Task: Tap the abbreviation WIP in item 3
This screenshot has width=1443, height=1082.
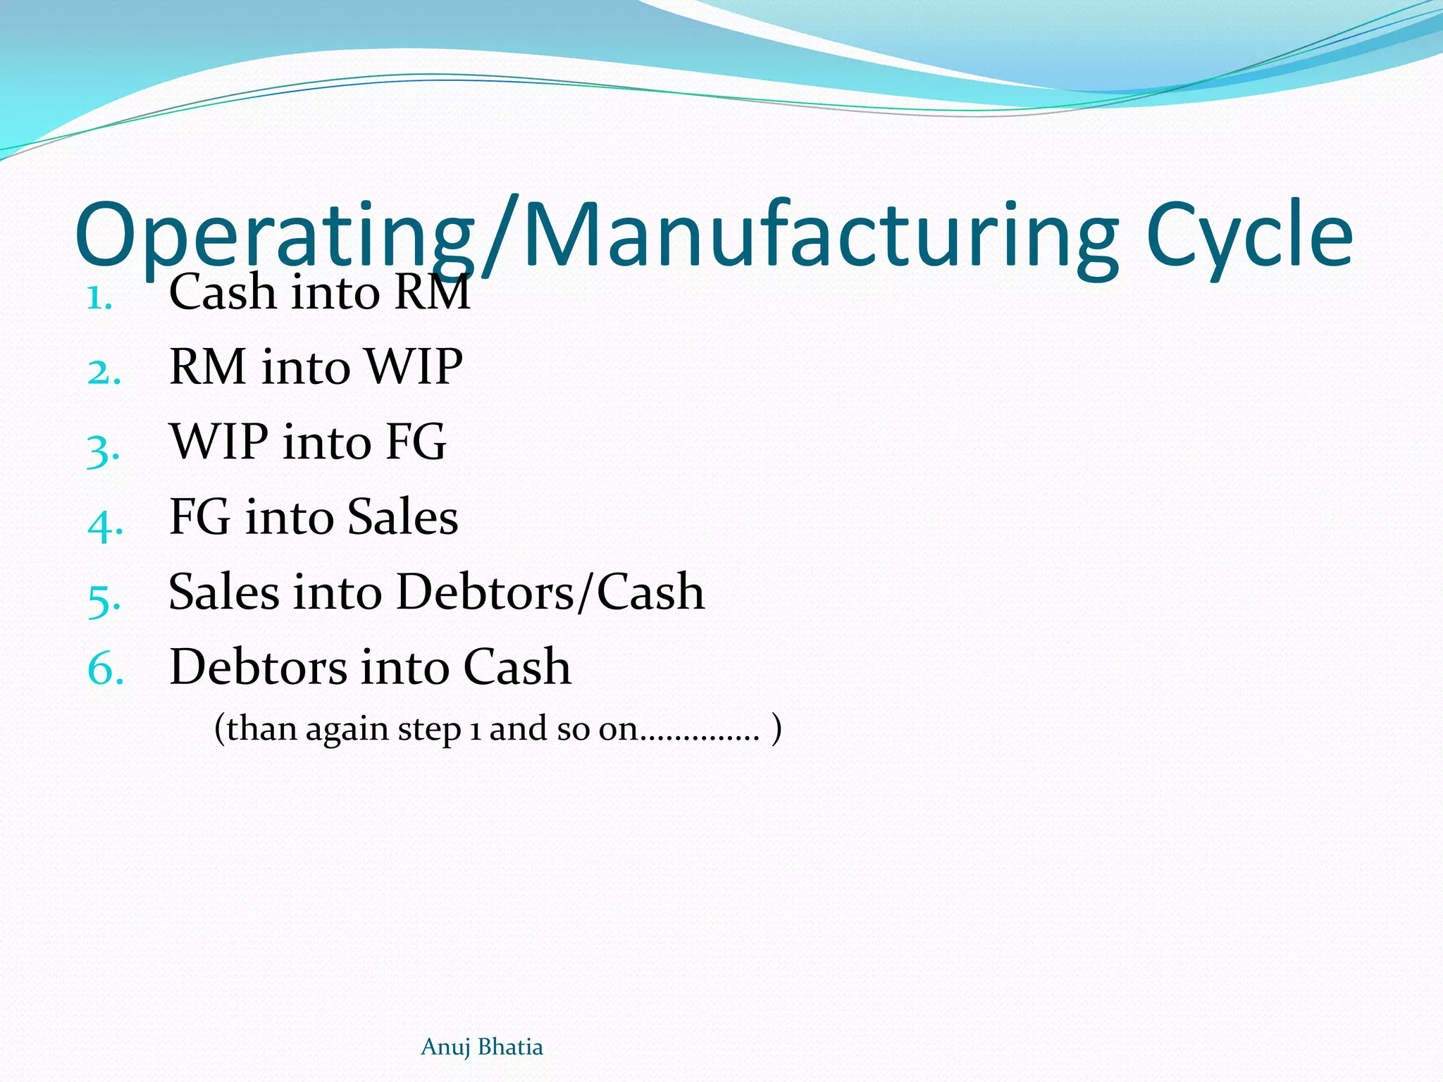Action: [219, 442]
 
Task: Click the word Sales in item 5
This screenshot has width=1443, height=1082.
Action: [224, 592]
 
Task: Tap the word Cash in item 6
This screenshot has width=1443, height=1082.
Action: [517, 666]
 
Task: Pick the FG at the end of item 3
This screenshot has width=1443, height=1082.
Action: [416, 442]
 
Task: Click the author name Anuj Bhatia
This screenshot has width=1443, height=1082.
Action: [482, 1047]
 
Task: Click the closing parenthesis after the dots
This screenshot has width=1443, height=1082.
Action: [776, 728]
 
